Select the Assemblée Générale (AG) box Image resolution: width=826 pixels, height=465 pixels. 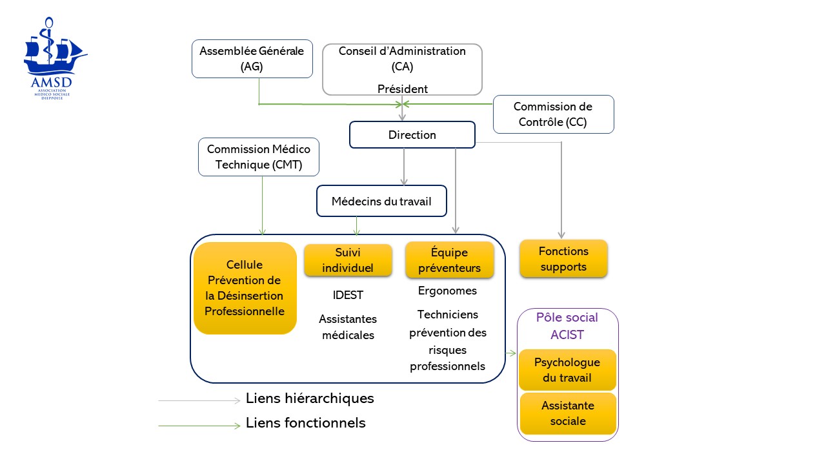tap(252, 59)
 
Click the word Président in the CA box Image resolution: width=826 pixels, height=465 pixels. tap(402, 89)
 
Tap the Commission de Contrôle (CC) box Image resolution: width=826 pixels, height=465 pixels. tap(553, 114)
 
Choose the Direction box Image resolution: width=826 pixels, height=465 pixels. tap(412, 135)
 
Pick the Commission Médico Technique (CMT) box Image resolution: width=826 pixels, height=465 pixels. tap(258, 156)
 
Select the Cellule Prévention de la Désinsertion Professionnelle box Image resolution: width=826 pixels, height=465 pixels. tap(245, 288)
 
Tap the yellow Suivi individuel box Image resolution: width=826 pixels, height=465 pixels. tap(348, 260)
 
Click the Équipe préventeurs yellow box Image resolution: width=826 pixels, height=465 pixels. tap(449, 260)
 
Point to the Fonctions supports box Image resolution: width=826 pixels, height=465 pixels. tap(563, 258)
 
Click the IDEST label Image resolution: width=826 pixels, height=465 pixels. tap(348, 295)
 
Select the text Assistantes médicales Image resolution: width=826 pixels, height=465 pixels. tap(348, 327)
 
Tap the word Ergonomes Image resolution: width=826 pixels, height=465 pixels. tap(447, 291)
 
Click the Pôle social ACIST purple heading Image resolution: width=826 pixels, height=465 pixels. tap(567, 325)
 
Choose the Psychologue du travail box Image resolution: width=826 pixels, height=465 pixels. tap(567, 369)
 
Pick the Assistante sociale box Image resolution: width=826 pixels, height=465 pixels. tap(568, 413)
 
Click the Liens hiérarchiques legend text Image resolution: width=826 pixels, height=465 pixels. tap(310, 398)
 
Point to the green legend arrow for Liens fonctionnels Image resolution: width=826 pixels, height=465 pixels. tap(199, 426)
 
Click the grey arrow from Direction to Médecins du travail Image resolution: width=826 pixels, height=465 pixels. tap(404, 167)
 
